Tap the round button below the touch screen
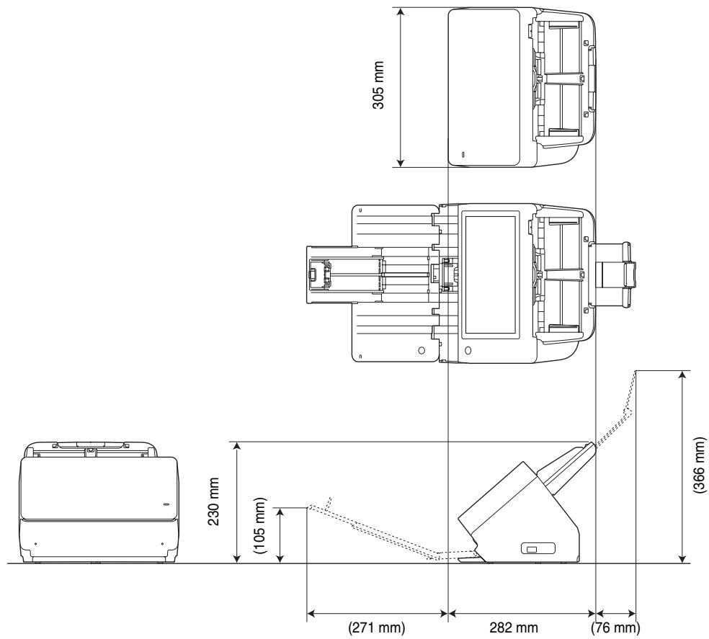[468, 350]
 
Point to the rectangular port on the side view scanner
[531, 550]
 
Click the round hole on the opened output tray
[422, 351]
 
